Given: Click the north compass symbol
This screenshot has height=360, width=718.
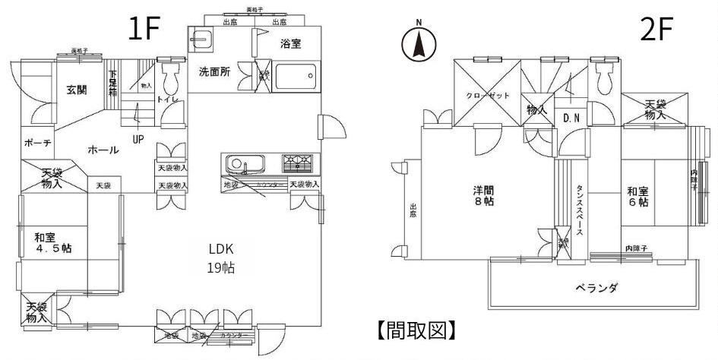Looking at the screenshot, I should pos(418,45).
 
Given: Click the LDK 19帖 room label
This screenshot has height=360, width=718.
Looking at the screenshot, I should pos(221,258).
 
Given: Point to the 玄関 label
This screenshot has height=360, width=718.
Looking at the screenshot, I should pos(76,90).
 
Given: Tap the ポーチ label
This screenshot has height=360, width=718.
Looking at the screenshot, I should pos(37,143).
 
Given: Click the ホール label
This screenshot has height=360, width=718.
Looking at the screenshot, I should pos(103,150).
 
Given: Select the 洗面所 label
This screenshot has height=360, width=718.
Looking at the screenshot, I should pos(214,73).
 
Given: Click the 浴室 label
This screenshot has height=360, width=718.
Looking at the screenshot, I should pos(290,43).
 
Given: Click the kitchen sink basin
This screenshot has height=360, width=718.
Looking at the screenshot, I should pos(242,163).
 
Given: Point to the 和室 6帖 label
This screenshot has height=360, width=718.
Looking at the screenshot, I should pos(637,197).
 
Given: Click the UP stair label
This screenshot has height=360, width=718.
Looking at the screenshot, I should pos(138,139).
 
